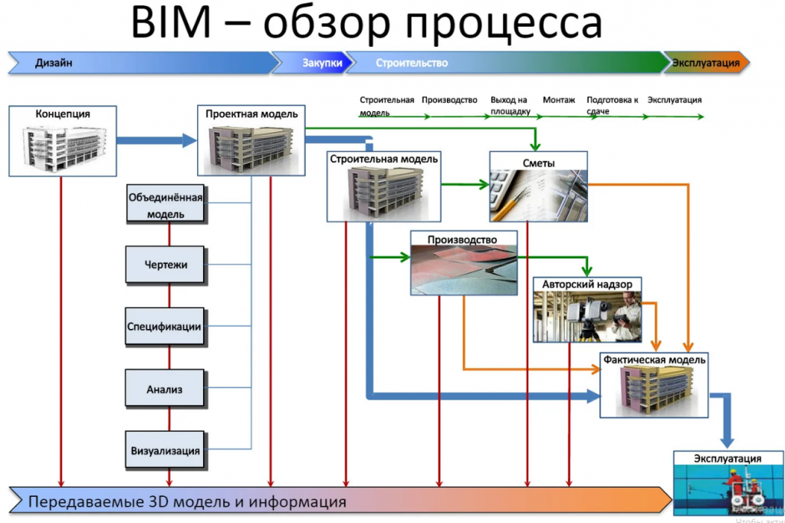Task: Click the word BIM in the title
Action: (x=171, y=22)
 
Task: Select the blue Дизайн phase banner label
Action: (x=54, y=63)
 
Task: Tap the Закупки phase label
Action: (x=322, y=63)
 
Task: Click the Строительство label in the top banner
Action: (x=412, y=63)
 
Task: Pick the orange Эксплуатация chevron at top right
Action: (x=705, y=63)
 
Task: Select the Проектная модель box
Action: (x=251, y=140)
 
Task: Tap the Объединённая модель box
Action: (x=166, y=205)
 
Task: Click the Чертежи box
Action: (x=166, y=265)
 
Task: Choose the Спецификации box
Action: (x=165, y=327)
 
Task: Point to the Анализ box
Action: (x=165, y=389)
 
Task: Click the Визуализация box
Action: (x=166, y=450)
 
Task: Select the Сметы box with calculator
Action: (x=538, y=186)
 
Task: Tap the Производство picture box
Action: (x=464, y=262)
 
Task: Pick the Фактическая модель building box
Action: (x=654, y=385)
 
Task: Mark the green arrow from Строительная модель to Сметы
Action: (x=465, y=184)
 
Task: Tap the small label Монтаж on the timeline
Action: (x=559, y=100)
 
